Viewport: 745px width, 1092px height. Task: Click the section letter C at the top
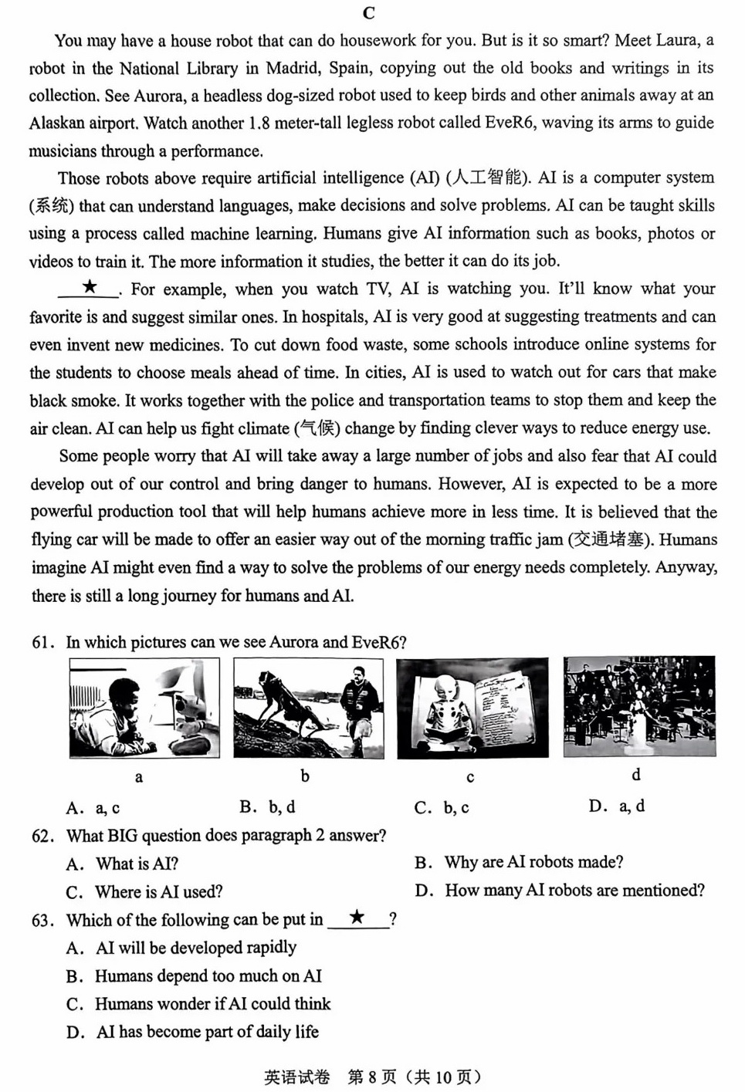[368, 13]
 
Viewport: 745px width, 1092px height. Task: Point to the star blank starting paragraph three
[90, 288]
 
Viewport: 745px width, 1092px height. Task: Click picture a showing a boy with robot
[144, 708]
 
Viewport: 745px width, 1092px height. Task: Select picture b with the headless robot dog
[308, 708]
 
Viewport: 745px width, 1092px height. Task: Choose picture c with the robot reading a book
[472, 708]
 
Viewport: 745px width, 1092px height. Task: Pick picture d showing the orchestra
[638, 706]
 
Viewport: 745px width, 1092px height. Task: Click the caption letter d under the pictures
[636, 774]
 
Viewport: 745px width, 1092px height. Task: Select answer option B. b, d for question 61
[267, 807]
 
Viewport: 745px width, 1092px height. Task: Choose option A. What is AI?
[123, 864]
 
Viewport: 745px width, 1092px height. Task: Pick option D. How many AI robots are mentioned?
[560, 891]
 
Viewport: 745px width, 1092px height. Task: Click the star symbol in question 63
[357, 918]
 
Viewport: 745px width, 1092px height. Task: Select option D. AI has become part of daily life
[192, 1032]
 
